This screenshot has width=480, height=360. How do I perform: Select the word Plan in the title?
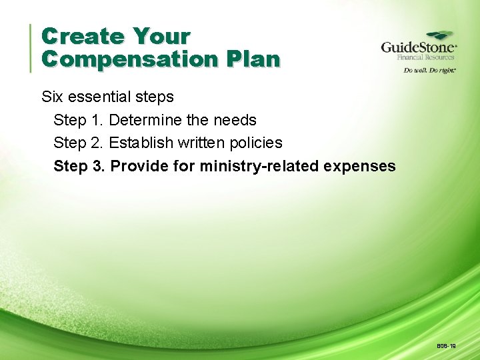(253, 59)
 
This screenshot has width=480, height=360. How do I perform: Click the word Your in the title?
(161, 36)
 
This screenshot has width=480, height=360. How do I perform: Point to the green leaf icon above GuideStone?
(440, 36)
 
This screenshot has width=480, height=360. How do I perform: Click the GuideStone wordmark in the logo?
(418, 48)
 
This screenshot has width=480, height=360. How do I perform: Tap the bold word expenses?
(359, 166)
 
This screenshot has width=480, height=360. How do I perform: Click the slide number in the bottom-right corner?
(447, 347)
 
